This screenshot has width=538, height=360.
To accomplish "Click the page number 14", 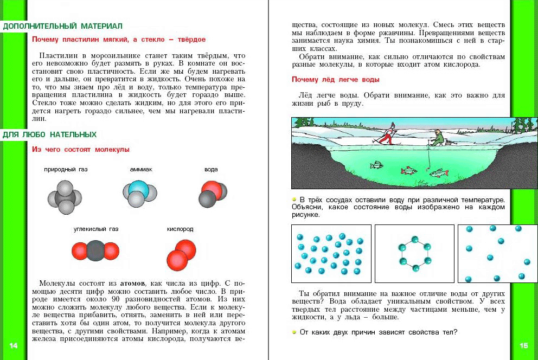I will (14, 345).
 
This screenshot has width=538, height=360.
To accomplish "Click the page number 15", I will (523, 345).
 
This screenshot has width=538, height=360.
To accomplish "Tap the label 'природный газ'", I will (66, 170).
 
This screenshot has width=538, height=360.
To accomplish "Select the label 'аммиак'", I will (141, 170).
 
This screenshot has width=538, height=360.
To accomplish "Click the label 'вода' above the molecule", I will (211, 170).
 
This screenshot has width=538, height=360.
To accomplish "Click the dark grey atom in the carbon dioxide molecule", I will (95, 251).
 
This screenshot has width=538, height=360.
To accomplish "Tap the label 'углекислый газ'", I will (96, 229).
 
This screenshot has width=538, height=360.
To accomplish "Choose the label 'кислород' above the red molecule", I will (180, 229).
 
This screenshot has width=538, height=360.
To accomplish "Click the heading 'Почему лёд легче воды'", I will (335, 80).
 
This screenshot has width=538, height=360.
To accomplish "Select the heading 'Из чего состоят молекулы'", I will (81, 150).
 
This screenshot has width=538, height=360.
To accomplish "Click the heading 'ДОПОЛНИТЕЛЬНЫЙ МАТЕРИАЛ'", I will (63, 26).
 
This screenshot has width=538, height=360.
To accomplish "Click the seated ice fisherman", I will (437, 139).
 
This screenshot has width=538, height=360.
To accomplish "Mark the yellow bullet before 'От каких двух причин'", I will (294, 331).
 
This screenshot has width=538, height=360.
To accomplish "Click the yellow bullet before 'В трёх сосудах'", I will (294, 199).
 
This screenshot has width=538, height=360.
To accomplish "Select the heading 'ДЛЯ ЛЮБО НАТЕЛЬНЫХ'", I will (49, 134).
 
